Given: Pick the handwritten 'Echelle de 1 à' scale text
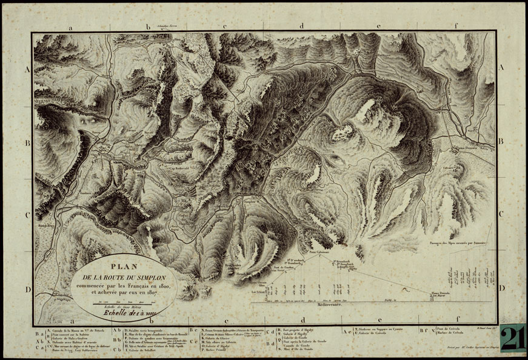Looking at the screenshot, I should coord(122,313).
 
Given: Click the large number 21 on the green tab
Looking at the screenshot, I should coord(512,338).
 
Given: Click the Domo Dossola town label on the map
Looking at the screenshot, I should coord(470,147).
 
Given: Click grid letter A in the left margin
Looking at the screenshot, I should coord(27,70).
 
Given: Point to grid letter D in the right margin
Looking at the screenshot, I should coord(500,289).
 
